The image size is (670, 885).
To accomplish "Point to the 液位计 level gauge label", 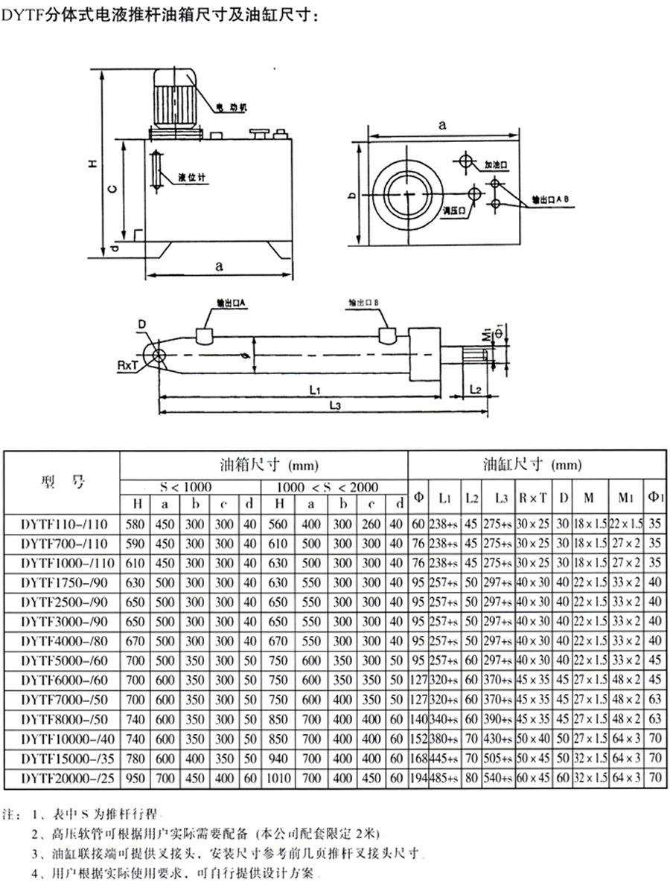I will click(x=191, y=178).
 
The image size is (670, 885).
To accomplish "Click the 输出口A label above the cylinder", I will click(x=231, y=303).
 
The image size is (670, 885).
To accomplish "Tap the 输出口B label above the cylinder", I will click(x=365, y=303).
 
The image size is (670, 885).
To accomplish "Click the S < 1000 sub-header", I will click(x=186, y=487).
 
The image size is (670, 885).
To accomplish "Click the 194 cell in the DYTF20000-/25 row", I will click(x=418, y=777).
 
